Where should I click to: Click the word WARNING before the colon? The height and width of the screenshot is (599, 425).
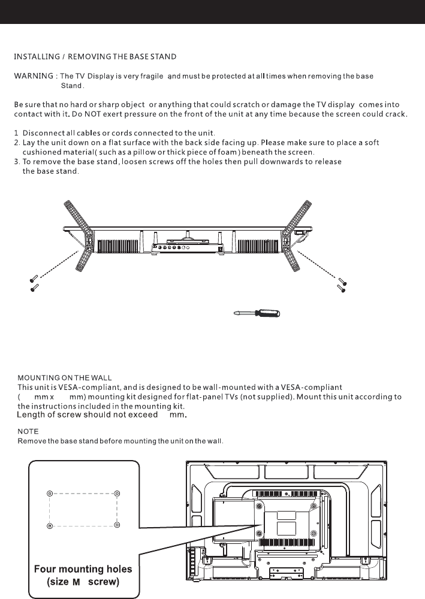pyautogui.click(x=34, y=76)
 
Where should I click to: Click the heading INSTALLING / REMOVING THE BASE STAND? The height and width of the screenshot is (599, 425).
pyautogui.click(x=95, y=57)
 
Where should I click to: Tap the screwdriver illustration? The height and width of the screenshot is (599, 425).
pyautogui.click(x=257, y=314)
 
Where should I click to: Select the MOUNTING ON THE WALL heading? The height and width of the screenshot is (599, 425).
pyautogui.click(x=65, y=378)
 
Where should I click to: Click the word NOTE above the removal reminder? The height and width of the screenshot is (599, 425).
pyautogui.click(x=28, y=432)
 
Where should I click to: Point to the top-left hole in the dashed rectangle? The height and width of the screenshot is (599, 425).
pyautogui.click(x=50, y=494)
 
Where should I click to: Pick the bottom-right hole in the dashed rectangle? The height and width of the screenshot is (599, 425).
pyautogui.click(x=117, y=525)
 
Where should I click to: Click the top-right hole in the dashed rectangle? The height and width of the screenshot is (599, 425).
pyautogui.click(x=117, y=494)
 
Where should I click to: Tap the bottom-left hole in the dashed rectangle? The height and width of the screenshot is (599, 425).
pyautogui.click(x=50, y=526)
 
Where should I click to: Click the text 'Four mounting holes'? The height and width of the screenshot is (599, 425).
pyautogui.click(x=83, y=569)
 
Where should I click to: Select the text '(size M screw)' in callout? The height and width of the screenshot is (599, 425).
pyautogui.click(x=83, y=582)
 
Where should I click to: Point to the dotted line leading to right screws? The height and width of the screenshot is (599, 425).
pyautogui.click(x=316, y=264)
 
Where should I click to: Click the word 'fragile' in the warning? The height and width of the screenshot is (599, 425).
pyautogui.click(x=152, y=77)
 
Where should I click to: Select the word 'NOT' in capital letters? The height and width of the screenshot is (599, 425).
pyautogui.click(x=92, y=114)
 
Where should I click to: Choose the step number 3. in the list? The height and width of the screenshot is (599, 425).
pyautogui.click(x=17, y=162)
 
